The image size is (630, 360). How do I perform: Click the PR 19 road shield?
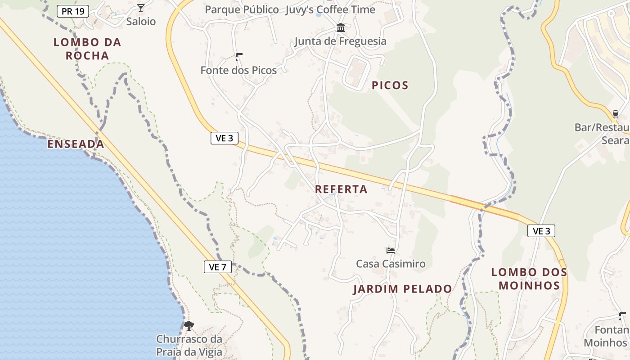(73, 11)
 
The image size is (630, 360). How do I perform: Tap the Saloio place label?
(141, 21)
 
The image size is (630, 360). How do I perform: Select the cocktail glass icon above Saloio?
(141, 8)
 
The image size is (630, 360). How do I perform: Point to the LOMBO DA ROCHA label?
(88, 49)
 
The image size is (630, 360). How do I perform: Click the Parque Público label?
(242, 9)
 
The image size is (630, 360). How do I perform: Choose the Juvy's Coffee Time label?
(330, 9)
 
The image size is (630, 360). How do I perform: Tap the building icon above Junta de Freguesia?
(341, 28)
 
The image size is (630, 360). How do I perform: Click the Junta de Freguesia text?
(340, 41)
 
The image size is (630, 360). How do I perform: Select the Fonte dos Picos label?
(238, 70)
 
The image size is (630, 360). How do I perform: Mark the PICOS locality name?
(390, 85)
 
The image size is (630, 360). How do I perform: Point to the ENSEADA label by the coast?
(76, 144)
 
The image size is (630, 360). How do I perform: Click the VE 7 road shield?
(217, 267)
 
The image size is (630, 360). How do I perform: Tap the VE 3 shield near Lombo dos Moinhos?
(541, 231)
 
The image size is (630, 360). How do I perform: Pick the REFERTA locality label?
(341, 189)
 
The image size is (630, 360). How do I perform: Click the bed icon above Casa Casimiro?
(390, 251)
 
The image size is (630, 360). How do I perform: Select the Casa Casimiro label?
(391, 264)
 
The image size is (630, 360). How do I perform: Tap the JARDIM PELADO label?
(402, 289)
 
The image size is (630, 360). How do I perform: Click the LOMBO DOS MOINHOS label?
(529, 279)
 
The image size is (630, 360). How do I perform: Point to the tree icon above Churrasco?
(189, 325)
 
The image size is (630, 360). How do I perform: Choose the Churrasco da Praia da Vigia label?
(189, 345)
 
